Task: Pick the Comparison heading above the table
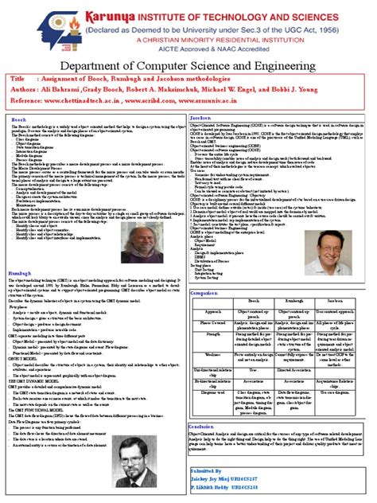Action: coord(205,292)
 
